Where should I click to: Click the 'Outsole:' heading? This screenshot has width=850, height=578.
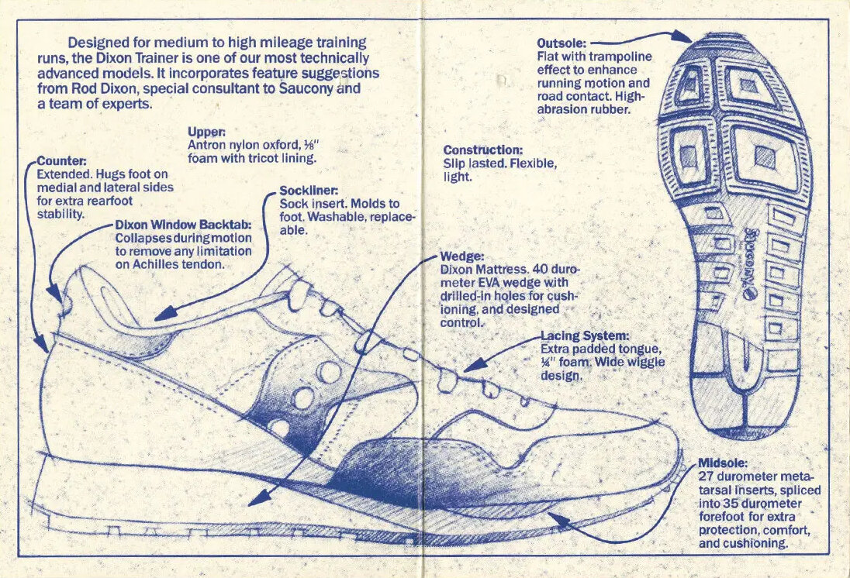562,43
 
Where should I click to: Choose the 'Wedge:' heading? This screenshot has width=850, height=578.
462,256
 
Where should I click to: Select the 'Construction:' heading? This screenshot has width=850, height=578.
483,150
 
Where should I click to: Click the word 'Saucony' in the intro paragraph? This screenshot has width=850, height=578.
308,89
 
